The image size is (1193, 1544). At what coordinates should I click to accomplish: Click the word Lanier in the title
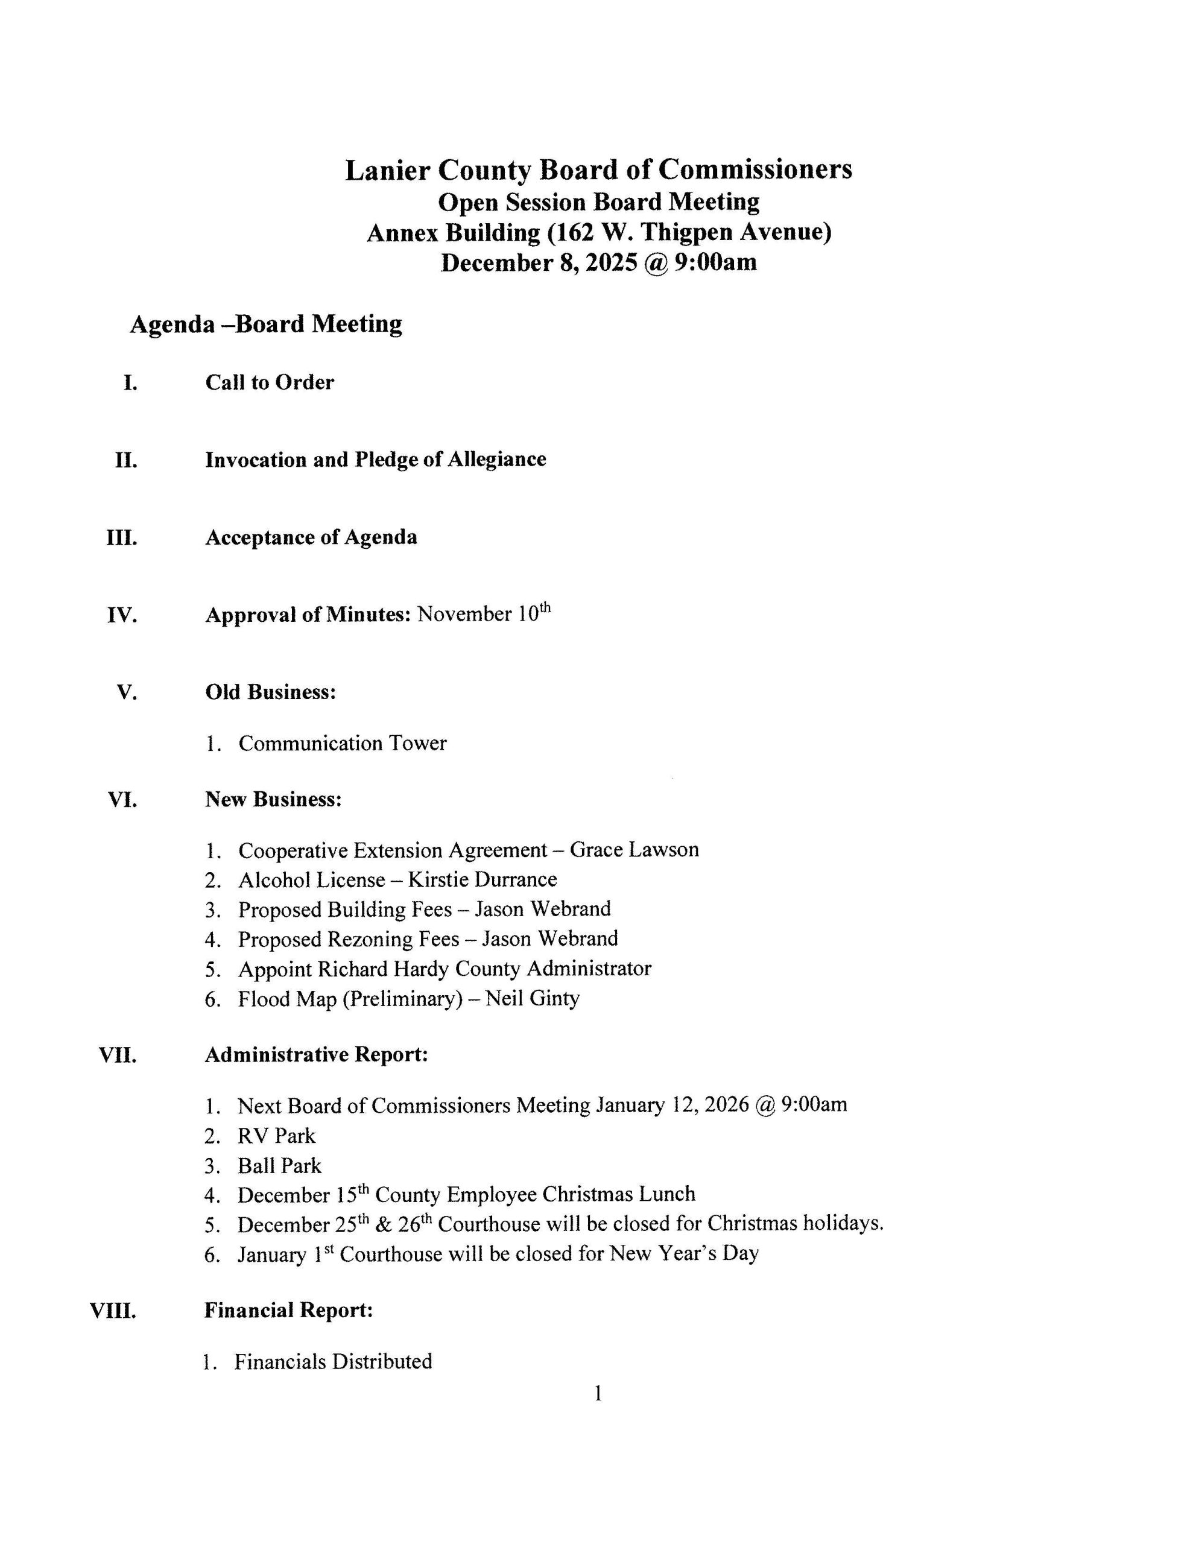click(388, 170)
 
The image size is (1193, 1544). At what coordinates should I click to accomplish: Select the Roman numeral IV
click(122, 615)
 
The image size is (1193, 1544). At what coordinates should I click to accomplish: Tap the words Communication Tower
click(342, 743)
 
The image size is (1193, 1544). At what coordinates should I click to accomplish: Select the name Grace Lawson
click(634, 849)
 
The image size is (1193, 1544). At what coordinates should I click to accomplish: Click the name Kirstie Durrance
click(483, 879)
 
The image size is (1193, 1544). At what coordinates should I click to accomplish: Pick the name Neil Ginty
click(533, 998)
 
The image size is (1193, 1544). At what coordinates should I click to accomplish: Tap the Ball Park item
click(279, 1166)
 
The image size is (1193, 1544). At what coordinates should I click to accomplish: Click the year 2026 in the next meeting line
click(722, 1105)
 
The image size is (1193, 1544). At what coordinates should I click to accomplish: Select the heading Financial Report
click(288, 1310)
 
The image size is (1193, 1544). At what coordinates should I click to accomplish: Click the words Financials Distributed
click(333, 1362)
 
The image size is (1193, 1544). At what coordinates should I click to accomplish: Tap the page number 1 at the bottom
click(598, 1394)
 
